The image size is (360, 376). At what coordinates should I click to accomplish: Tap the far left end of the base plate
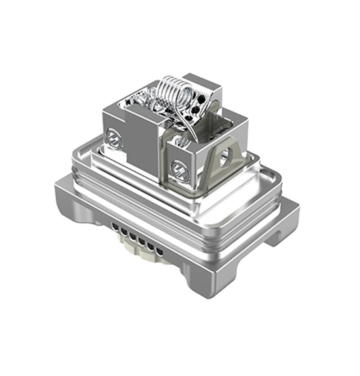pos(58,189)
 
